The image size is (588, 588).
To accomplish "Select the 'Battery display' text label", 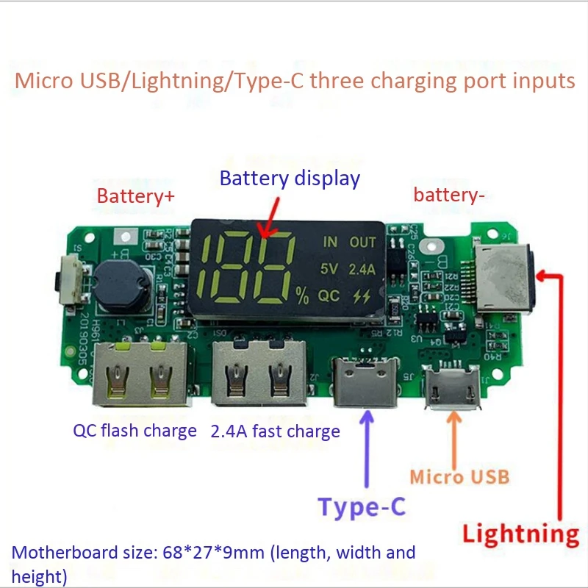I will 290,179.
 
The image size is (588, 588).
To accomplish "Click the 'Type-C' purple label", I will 362,507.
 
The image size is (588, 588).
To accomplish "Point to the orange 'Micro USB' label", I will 459,476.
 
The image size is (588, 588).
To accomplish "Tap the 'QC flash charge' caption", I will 135,431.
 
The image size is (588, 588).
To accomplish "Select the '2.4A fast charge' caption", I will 276,431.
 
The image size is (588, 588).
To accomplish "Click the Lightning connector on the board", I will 503,279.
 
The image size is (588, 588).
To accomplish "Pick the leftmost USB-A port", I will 139,375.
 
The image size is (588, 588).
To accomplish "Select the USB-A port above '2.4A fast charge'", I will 259,375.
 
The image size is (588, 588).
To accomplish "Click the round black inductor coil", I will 120,283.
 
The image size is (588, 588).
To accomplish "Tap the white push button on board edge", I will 72,276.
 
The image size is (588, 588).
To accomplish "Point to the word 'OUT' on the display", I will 362,242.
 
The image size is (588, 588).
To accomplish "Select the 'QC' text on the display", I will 329,295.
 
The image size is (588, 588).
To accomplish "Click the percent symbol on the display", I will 302,296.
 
